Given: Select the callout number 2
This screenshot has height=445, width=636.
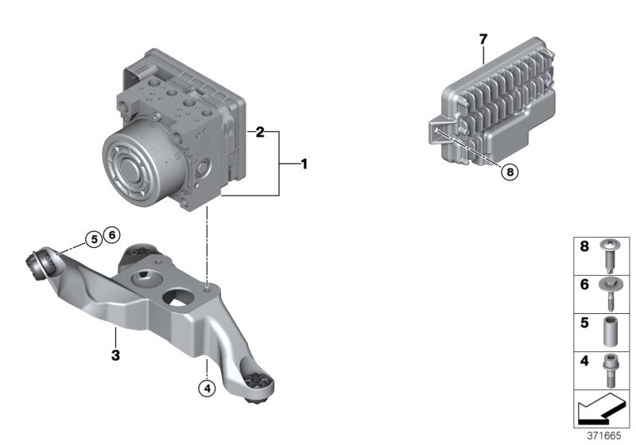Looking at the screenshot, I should pyautogui.click(x=259, y=133).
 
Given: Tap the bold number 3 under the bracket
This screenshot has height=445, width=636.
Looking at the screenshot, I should pyautogui.click(x=115, y=356).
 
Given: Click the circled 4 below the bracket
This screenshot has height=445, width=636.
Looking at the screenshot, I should pyautogui.click(x=206, y=389).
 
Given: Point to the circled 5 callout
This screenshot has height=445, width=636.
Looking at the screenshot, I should pyautogui.click(x=94, y=238).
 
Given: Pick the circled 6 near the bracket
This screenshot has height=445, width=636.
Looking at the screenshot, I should pyautogui.click(x=112, y=234).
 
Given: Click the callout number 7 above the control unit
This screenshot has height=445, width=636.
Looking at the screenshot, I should pyautogui.click(x=482, y=38).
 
